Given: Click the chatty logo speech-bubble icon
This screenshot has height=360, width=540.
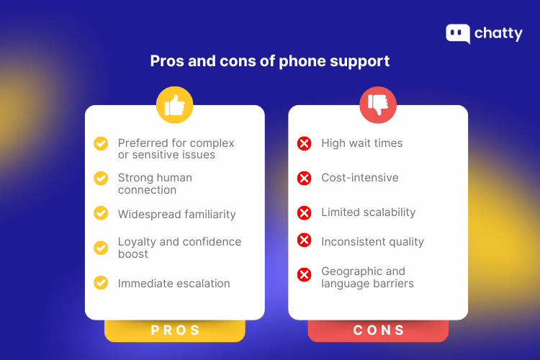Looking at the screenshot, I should click(x=458, y=34).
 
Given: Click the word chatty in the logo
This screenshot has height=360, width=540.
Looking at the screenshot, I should click(x=498, y=34).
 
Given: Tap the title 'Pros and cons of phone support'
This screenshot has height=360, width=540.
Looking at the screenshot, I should click(x=270, y=61).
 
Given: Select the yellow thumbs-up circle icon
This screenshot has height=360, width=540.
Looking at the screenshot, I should click(x=175, y=105).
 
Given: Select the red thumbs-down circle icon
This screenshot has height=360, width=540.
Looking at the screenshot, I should click(x=378, y=105).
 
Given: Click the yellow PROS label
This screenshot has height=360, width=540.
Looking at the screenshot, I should click(x=175, y=330).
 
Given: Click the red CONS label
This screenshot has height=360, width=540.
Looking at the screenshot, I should click(x=378, y=330).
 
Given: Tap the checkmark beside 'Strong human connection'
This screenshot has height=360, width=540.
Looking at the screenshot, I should click(x=102, y=177).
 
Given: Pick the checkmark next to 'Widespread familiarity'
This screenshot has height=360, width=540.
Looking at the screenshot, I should click(x=102, y=213).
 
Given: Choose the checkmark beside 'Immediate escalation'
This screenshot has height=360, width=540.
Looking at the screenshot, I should click(x=102, y=282).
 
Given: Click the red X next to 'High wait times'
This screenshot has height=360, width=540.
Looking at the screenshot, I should click(x=305, y=143).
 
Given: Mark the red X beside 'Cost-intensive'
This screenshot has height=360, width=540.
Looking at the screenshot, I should click(x=305, y=178).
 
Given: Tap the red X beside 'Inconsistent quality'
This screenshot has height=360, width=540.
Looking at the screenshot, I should click(x=305, y=240).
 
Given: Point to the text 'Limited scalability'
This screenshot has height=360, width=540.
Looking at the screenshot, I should click(x=368, y=212).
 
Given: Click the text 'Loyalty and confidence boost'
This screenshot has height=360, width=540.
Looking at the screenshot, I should click(x=179, y=248).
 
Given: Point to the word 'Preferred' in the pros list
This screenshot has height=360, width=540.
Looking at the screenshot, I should click(x=143, y=143).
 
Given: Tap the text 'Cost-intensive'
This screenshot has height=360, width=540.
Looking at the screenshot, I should click(x=359, y=178).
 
